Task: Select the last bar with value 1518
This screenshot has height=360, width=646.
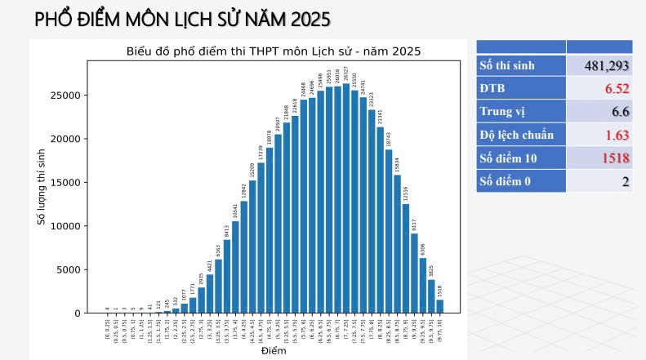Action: (439, 306)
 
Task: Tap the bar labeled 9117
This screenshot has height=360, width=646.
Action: (414, 273)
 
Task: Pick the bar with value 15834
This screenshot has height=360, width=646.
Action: (397, 244)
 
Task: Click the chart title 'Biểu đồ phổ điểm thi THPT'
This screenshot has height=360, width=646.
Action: (273, 51)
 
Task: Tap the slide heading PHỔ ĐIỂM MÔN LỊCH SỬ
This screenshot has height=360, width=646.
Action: (182, 19)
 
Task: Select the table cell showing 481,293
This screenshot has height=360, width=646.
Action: (606, 65)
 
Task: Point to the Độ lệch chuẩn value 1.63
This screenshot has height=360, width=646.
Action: (613, 135)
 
